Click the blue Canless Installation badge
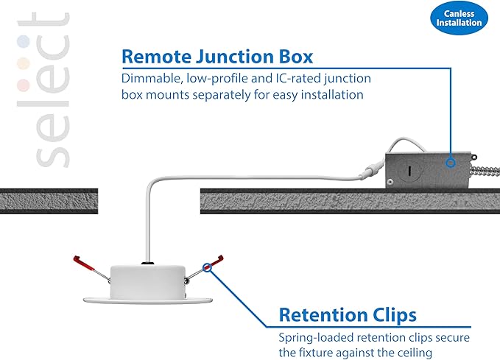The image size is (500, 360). (x=459, y=18)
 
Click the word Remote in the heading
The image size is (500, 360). (x=156, y=57)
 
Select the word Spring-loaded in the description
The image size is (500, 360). (x=316, y=338)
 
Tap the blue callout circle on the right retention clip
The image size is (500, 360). (x=207, y=267)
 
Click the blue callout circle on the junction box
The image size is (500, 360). (x=450, y=163)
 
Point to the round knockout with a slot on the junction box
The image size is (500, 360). (x=409, y=171)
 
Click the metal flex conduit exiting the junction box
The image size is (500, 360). (x=486, y=172)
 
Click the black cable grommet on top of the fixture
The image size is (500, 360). (x=147, y=264)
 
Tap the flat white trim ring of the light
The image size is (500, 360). (x=147, y=300)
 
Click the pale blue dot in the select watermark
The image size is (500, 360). (x=24, y=42)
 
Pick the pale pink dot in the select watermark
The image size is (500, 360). (x=24, y=85)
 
